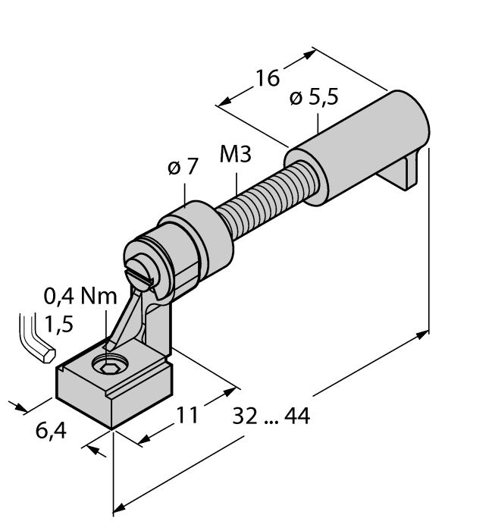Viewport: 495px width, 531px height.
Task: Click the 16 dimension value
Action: pyautogui.click(x=268, y=78)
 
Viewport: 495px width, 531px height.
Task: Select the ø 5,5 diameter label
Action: pyautogui.click(x=314, y=98)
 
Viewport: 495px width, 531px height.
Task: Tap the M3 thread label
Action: pyautogui.click(x=236, y=154)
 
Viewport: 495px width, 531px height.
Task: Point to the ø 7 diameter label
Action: pyautogui.click(x=183, y=167)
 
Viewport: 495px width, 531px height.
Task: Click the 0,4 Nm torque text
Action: pyautogui.click(x=80, y=296)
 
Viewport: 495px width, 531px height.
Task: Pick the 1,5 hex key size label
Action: pyautogui.click(x=58, y=324)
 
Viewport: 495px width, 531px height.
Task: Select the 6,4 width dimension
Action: pyautogui.click(x=51, y=431)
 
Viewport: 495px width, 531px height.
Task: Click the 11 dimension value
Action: pyautogui.click(x=187, y=415)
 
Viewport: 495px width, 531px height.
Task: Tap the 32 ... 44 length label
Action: pyautogui.click(x=271, y=416)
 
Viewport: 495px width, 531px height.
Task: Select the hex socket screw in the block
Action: pyautogui.click(x=110, y=365)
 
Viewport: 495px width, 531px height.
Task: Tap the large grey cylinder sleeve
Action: pyautogui.click(x=357, y=148)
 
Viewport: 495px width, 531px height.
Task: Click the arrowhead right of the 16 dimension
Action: pyautogui.click(x=309, y=55)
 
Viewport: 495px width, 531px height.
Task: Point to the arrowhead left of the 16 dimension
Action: pyautogui.click(x=224, y=100)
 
